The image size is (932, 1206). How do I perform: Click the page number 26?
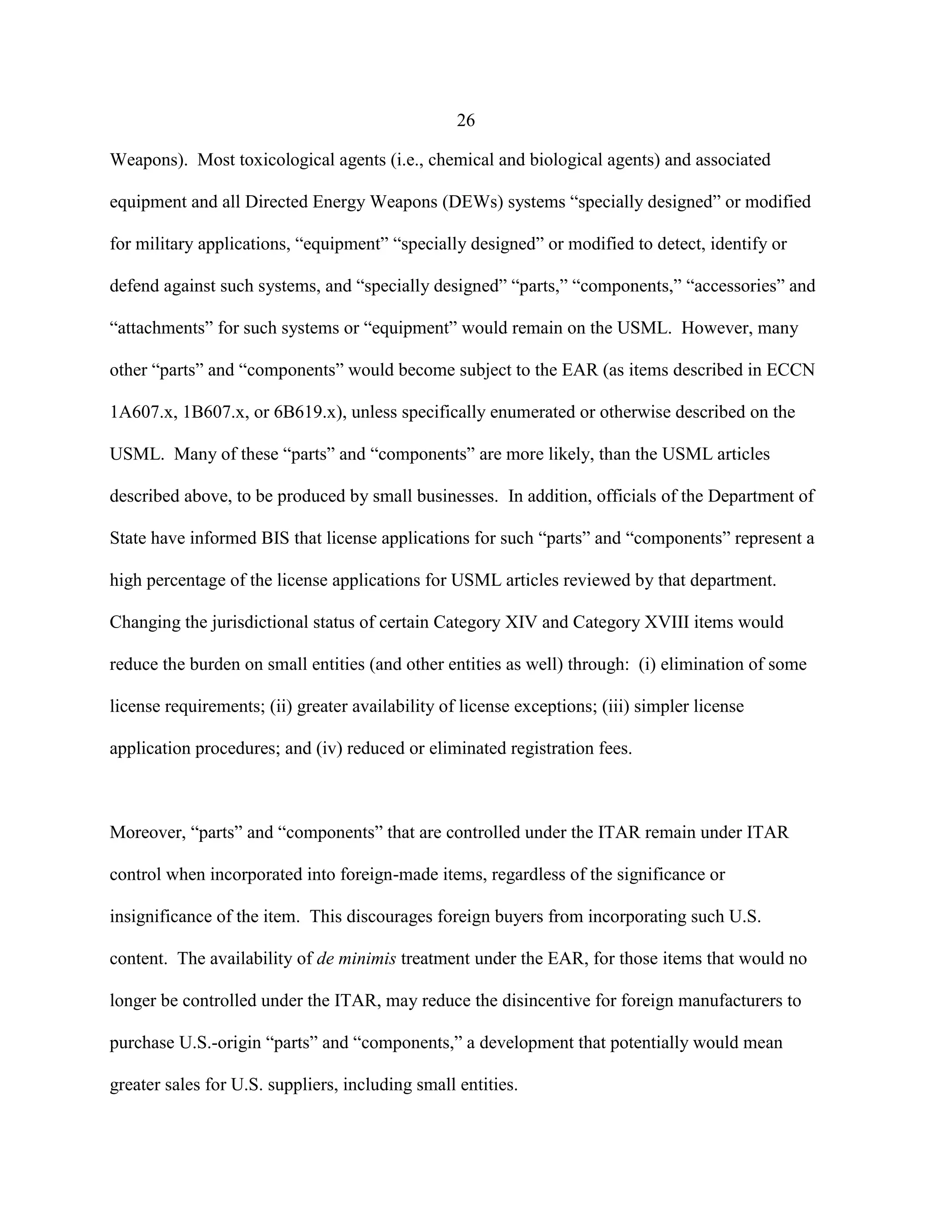click(466, 121)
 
